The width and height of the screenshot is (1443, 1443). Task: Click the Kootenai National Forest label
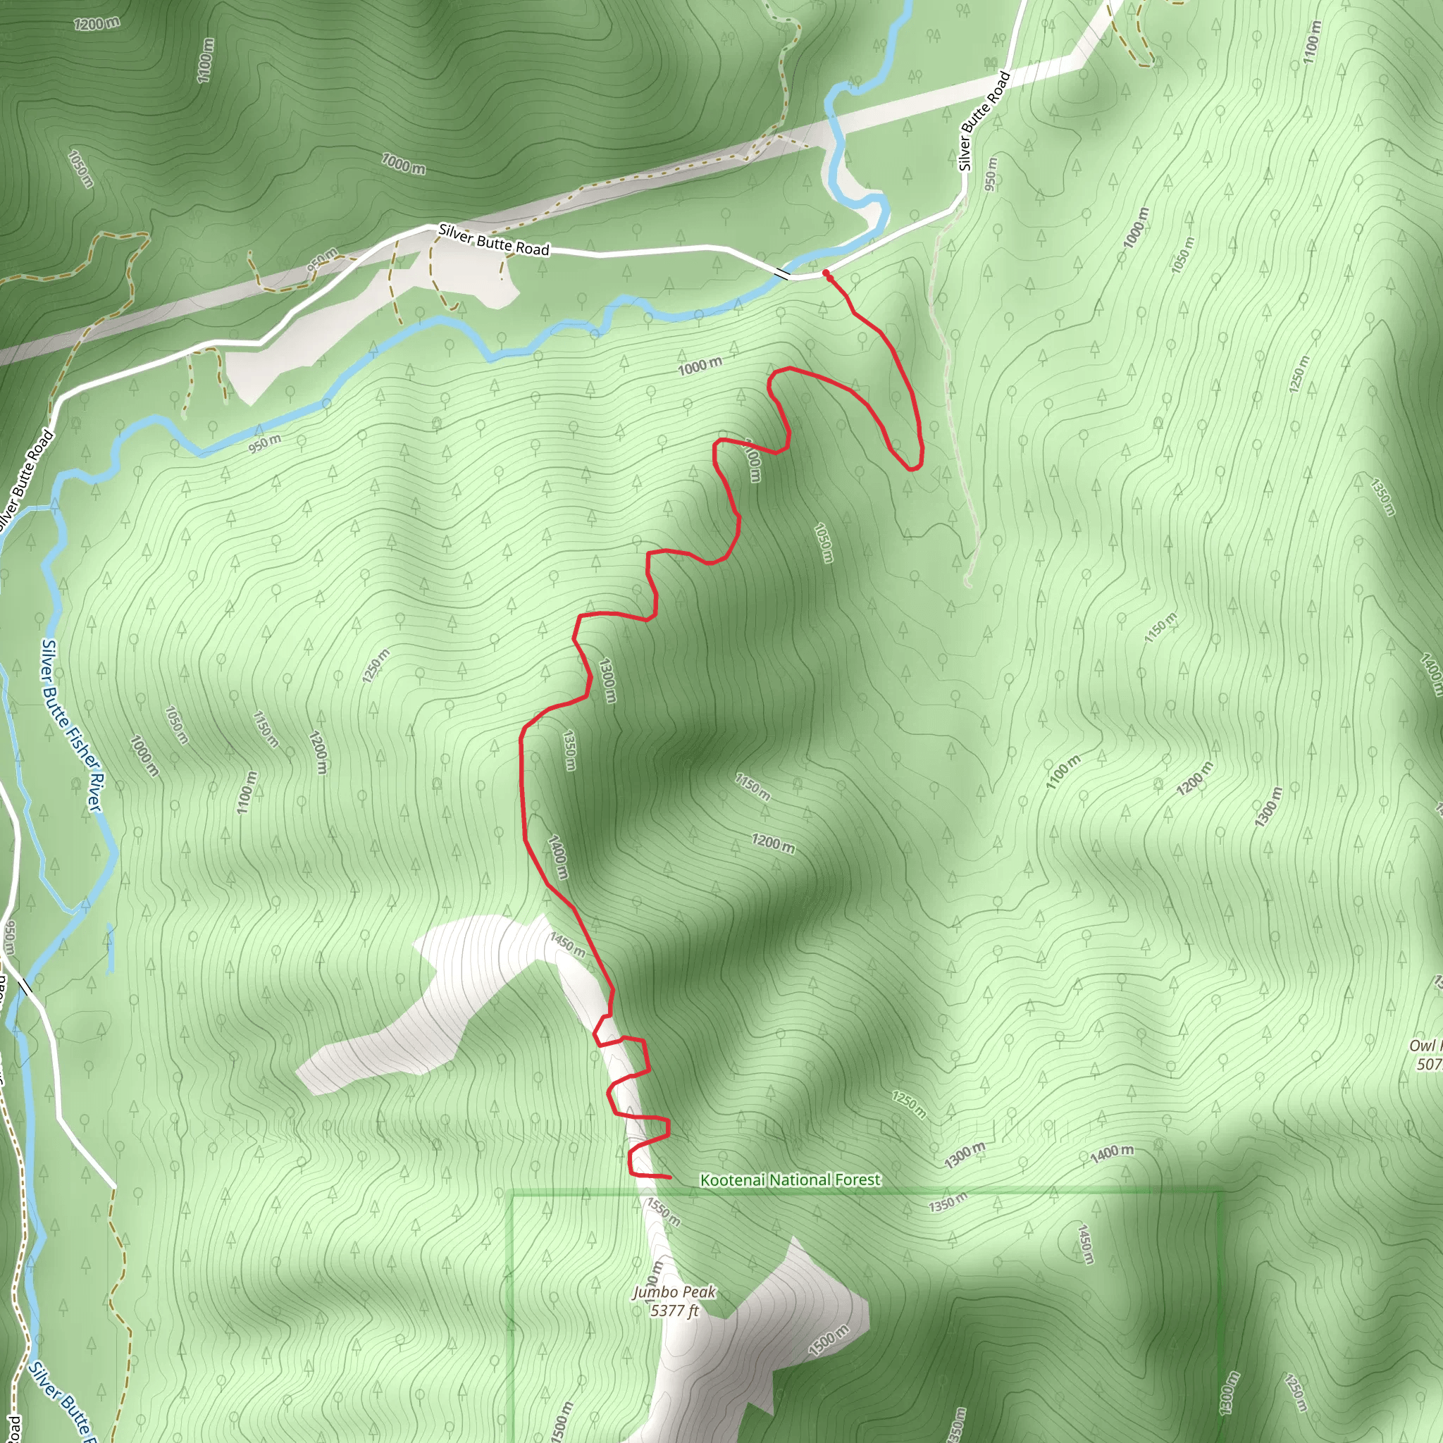click(791, 1179)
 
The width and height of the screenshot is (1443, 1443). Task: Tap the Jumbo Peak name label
click(674, 1292)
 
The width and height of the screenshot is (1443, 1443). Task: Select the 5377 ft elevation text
click(674, 1311)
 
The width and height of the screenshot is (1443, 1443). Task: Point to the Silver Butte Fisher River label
click(71, 724)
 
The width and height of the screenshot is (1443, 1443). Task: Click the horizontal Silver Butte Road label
click(494, 240)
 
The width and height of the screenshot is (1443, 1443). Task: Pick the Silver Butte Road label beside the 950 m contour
click(984, 120)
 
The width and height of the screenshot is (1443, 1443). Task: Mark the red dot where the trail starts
click(826, 274)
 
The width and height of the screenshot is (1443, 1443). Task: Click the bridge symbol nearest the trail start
click(781, 273)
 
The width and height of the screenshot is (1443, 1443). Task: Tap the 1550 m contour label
click(663, 1211)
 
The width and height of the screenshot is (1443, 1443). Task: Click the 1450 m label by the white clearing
click(568, 944)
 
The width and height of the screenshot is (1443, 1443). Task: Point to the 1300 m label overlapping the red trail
click(608, 680)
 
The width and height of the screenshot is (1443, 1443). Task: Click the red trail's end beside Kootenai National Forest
click(669, 1178)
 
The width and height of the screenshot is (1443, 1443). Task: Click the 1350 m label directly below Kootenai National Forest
click(947, 1203)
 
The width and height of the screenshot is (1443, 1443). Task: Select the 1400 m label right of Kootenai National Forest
click(1111, 1154)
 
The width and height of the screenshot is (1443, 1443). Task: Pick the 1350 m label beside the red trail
click(569, 750)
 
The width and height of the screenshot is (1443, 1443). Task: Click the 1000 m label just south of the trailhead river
click(700, 366)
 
